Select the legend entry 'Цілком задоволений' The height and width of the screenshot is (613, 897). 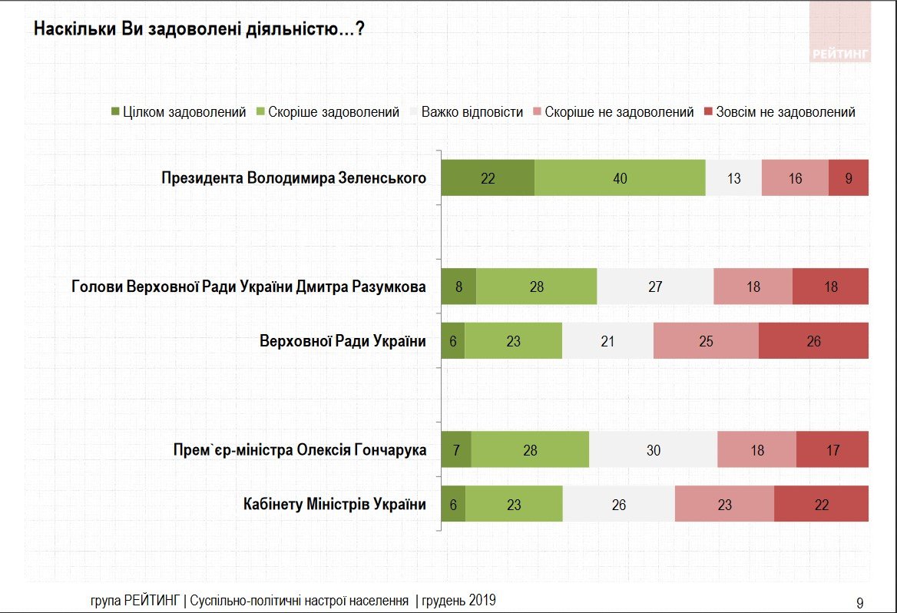coord(178,112)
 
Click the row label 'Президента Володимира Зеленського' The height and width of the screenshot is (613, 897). coord(293,178)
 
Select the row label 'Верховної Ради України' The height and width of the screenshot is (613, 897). coord(343,341)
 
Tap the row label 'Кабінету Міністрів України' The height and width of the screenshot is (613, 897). coord(334,505)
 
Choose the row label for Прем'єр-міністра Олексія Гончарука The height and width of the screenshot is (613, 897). coord(300,450)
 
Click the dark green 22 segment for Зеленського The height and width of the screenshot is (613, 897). coord(488,178)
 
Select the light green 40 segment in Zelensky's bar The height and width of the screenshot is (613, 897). coord(620,178)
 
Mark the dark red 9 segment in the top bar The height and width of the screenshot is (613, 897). coord(849,178)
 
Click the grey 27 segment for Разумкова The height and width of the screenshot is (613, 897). coord(655,287)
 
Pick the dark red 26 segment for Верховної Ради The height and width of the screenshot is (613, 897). coord(813,341)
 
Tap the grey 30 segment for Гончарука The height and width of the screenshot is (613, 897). coord(653,450)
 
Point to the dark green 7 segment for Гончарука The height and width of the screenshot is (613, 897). coord(456,450)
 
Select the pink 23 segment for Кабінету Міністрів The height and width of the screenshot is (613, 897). coord(724,505)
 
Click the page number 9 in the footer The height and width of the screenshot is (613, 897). coord(859,601)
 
